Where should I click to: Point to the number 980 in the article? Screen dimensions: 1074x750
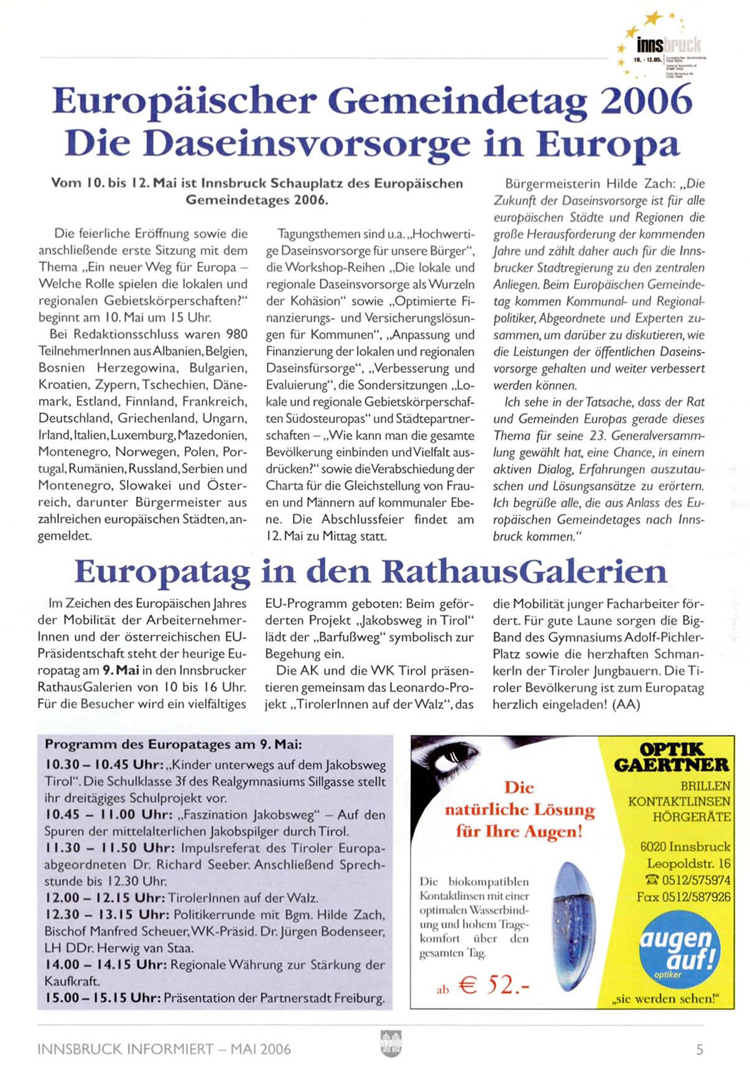[x=237, y=335]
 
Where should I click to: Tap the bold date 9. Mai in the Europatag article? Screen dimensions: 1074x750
[x=121, y=670]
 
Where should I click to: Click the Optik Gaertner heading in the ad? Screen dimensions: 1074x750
[x=672, y=757]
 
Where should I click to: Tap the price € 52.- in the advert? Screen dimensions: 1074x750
[x=494, y=984]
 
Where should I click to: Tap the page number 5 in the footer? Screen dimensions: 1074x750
[x=700, y=1050]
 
